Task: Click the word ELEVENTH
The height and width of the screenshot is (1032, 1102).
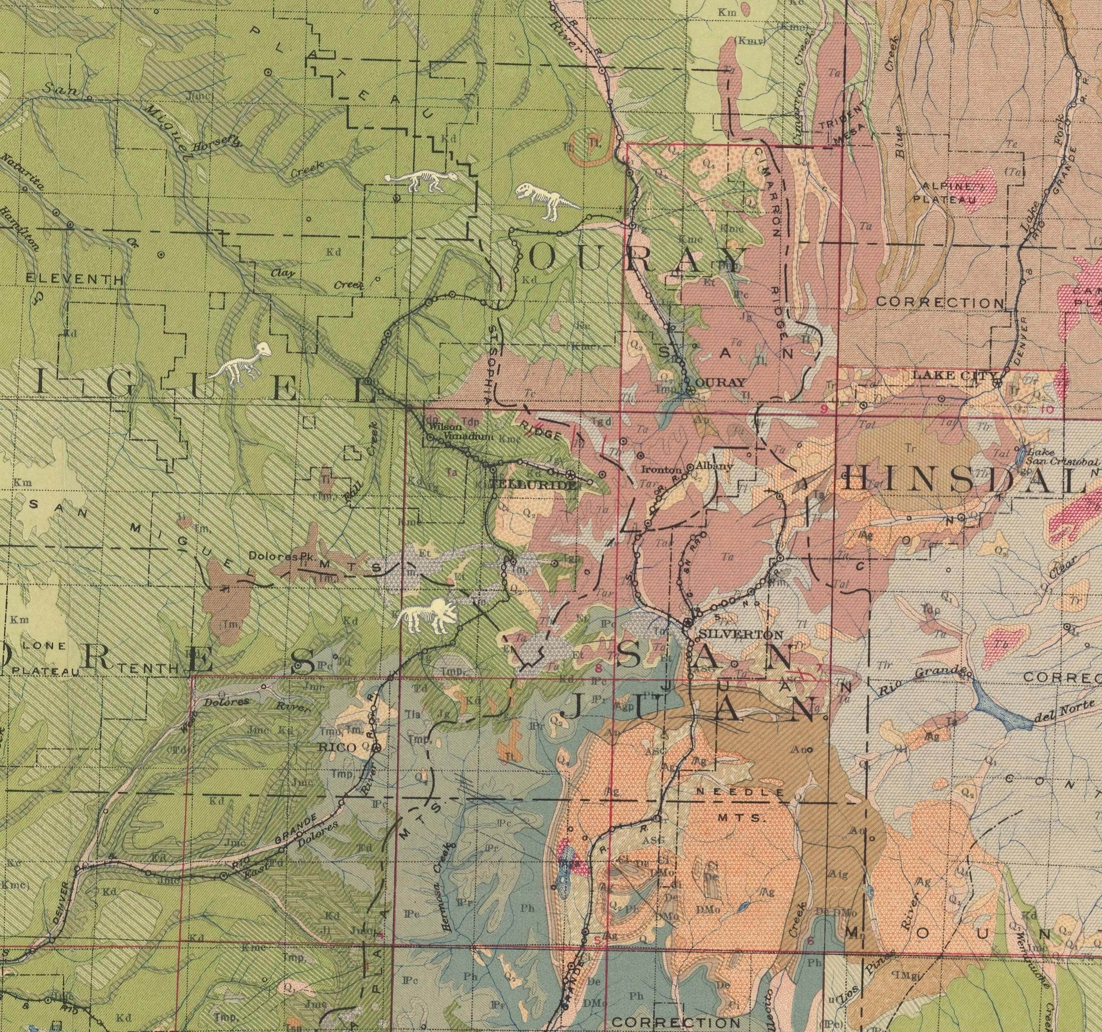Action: tap(74, 279)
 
